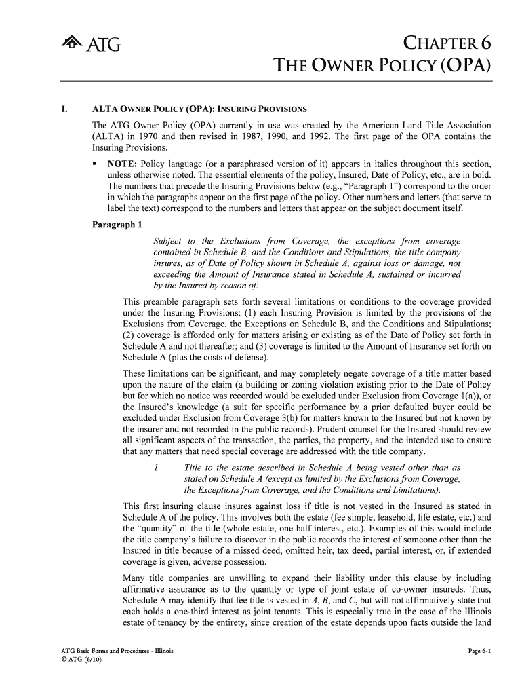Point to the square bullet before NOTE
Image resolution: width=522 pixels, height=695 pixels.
point(97,165)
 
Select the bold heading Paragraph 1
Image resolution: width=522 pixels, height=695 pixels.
point(117,225)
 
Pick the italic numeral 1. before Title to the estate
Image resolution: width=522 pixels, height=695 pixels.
point(157,468)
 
